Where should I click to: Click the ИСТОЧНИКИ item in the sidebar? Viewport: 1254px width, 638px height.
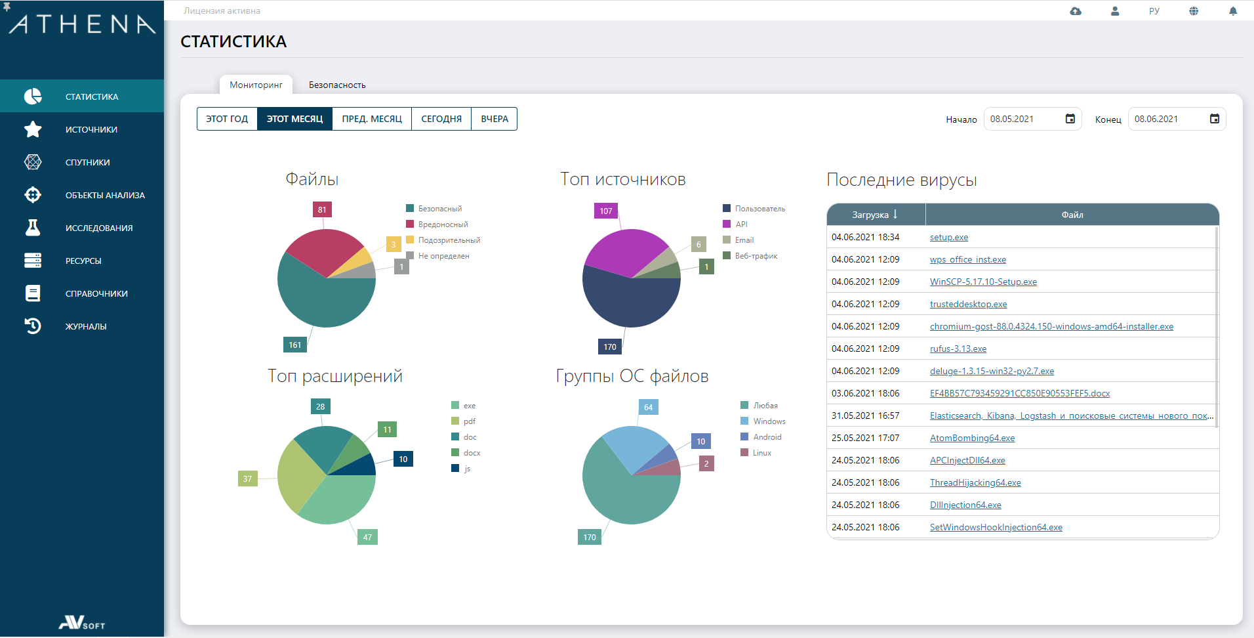pyautogui.click(x=91, y=130)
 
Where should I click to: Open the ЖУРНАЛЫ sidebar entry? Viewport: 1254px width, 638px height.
pyautogui.click(x=85, y=327)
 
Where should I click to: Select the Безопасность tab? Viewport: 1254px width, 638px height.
pyautogui.click(x=337, y=85)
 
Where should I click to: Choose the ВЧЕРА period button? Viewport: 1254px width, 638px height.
pyautogui.click(x=495, y=119)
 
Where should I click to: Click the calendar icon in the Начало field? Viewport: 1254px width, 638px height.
pyautogui.click(x=1070, y=119)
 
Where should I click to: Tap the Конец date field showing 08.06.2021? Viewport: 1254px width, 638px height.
pyautogui.click(x=1167, y=119)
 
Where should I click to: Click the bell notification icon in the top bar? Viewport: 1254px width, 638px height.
pyautogui.click(x=1233, y=11)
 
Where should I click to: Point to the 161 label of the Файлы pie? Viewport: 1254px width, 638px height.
pyautogui.click(x=295, y=345)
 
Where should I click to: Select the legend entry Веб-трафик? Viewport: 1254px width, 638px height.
pyautogui.click(x=756, y=256)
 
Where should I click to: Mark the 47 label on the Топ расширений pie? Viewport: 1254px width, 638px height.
pyautogui.click(x=367, y=538)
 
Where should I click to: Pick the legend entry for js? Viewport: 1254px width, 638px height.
pyautogui.click(x=467, y=469)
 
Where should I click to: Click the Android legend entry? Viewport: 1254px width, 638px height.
pyautogui.click(x=767, y=437)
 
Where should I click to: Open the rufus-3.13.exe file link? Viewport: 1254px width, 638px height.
pyautogui.click(x=958, y=349)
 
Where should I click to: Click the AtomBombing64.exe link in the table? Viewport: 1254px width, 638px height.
pyautogui.click(x=972, y=438)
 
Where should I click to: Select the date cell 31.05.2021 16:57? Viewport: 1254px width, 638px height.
pyautogui.click(x=865, y=416)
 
